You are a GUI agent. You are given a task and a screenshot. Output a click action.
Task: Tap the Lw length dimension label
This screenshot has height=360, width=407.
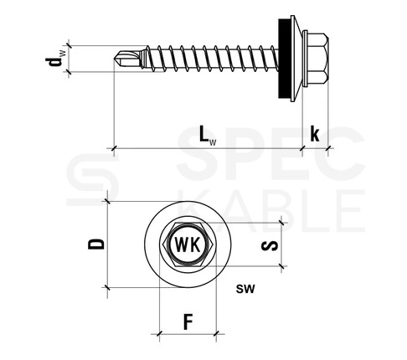208,135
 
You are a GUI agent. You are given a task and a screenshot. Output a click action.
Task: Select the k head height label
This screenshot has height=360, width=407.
315,134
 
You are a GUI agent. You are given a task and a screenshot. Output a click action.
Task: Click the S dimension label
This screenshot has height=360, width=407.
270,245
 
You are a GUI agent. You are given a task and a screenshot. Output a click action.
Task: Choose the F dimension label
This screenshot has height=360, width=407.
188,321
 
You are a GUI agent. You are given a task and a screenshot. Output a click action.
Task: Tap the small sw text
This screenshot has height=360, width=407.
245,289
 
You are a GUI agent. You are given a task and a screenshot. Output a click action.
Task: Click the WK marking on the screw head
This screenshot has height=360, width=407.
188,244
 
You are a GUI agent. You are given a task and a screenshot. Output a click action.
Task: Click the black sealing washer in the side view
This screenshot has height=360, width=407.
284,58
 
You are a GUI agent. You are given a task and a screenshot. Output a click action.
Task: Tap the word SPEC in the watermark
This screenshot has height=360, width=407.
270,153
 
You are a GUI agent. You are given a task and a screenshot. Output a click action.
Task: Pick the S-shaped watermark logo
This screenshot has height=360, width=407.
93,179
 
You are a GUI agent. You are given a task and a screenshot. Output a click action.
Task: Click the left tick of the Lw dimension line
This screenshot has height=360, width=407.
114,148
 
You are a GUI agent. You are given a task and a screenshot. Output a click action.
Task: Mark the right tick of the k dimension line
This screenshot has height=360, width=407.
328,148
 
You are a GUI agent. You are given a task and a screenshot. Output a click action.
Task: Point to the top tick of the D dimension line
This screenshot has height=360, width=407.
107,201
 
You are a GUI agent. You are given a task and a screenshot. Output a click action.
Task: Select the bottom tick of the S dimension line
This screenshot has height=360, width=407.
282,266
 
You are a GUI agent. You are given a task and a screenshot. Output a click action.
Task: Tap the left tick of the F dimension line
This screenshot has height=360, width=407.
159,333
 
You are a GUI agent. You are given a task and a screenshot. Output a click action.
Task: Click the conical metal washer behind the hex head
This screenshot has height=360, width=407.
296,59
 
